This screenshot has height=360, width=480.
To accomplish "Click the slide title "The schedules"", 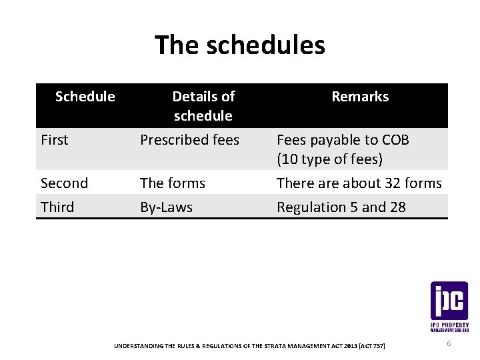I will coord(240,45).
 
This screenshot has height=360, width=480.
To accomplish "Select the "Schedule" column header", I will coord(85,97).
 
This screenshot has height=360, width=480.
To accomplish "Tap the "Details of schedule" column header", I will coord(203,106).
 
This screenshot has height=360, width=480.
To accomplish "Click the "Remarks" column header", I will coord(360,97).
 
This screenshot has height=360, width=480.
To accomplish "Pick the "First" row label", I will coord(55,140).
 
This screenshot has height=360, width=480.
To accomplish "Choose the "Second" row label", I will coord(64,183).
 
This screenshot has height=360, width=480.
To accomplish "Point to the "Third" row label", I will coord(57,207).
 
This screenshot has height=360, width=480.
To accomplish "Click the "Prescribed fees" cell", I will coord(189,140).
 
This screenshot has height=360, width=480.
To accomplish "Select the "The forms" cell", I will coord(173,183).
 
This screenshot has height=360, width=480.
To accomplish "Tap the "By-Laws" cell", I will coord(166,207).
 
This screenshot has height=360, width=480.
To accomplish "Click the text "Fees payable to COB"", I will coord(343,140).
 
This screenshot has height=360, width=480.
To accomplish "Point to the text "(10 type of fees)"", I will coord(329,159).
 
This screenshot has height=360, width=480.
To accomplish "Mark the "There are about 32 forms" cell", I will coord(359,183).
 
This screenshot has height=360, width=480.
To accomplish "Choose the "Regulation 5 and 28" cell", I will coord(341,207).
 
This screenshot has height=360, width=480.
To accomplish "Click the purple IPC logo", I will coord(449,302).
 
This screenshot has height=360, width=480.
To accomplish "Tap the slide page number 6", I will coord(449,343).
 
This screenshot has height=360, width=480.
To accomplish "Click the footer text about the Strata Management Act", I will coord(249,345).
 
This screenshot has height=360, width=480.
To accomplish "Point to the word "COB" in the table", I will coord(396,140).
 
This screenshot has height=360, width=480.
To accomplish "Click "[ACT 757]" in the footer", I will coord(371,345).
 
